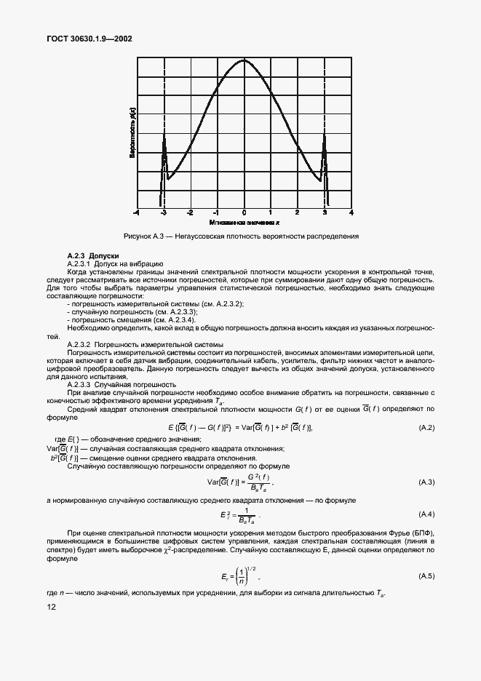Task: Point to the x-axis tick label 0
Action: [244, 212]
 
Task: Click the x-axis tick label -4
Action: [136, 212]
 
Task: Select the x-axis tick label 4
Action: [351, 212]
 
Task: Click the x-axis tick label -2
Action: [189, 212]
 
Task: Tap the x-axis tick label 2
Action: [298, 212]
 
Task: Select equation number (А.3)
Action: [426, 482]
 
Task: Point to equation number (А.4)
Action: [426, 514]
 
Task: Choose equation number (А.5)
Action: [426, 576]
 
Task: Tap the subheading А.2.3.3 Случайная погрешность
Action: [122, 384]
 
